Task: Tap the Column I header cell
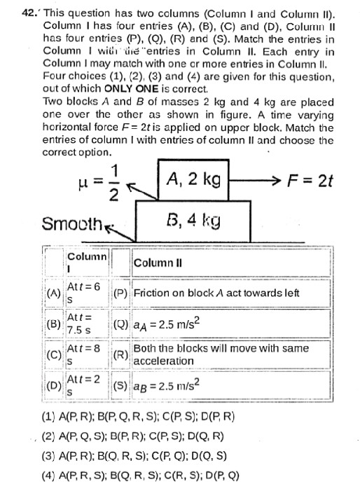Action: [x=86, y=262]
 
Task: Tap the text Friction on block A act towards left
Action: [x=216, y=293]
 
